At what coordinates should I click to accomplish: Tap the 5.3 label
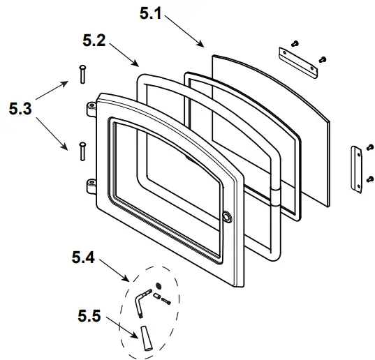21,108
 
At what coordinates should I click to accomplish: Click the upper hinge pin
81,72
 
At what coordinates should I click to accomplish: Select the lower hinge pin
82,149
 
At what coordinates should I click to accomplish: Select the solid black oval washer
159,285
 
